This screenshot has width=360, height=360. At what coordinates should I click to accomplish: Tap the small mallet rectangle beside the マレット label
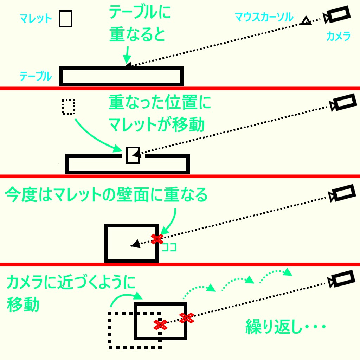point(65,19)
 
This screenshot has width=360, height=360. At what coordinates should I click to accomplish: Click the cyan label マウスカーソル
point(264,17)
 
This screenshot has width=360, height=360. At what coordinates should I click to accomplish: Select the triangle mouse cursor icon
point(306,21)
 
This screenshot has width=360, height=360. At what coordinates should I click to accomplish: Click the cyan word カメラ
point(338,36)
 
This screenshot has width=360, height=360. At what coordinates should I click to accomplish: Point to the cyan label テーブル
point(36,76)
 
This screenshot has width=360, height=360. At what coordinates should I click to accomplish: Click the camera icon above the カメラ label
point(337,15)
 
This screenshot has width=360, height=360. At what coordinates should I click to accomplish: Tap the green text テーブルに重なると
point(140,24)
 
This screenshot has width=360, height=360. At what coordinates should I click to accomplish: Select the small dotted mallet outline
point(69,107)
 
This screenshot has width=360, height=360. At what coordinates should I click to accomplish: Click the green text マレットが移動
point(156,125)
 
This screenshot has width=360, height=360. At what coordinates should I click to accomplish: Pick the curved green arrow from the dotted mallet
point(95,135)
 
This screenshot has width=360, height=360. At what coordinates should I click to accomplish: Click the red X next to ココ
point(157,239)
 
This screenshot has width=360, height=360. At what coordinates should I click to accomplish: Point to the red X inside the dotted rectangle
point(161,325)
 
